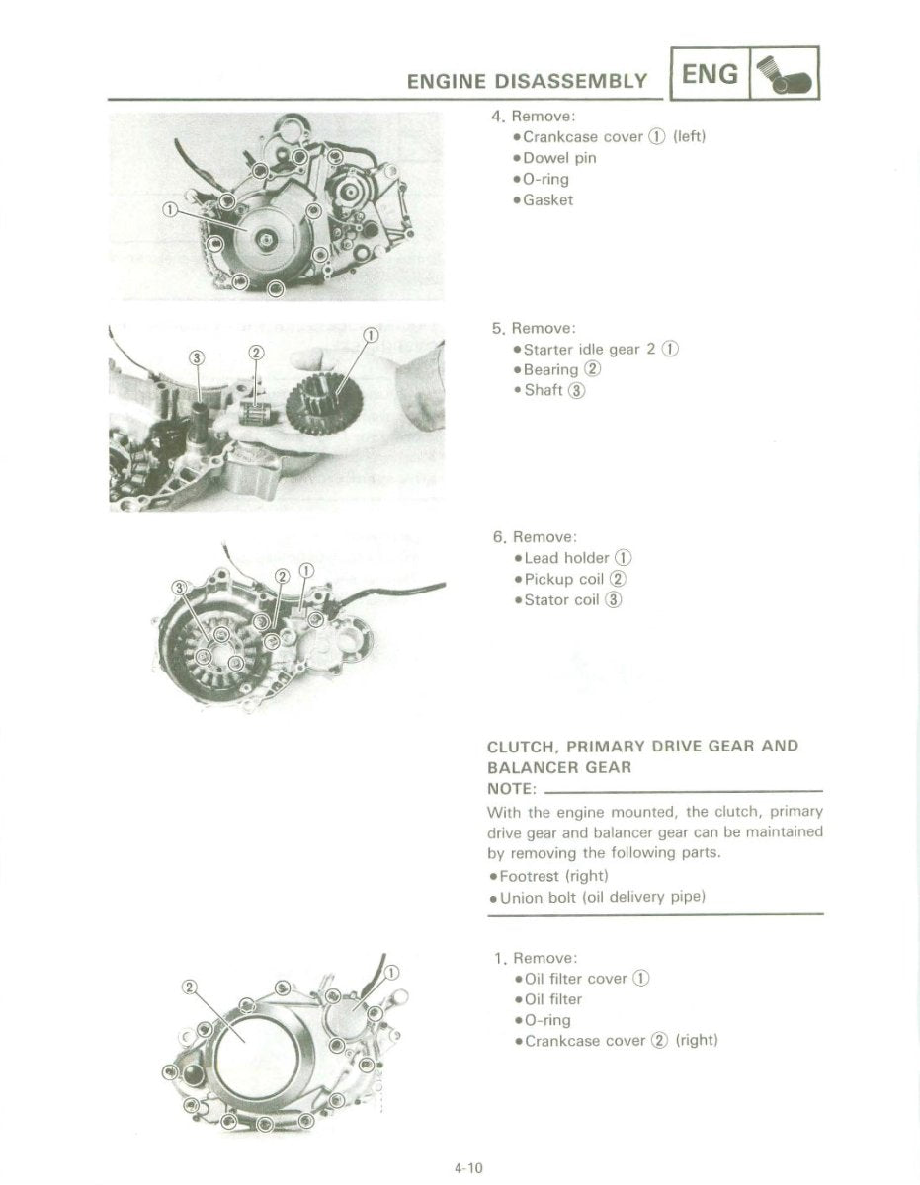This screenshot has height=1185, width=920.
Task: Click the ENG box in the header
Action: click(x=711, y=74)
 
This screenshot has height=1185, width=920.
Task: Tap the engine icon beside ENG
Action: click(x=786, y=74)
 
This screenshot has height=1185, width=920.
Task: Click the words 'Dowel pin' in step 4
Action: click(x=559, y=158)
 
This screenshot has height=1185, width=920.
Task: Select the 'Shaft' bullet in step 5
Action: click(x=544, y=390)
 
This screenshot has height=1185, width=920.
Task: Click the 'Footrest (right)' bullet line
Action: click(x=553, y=876)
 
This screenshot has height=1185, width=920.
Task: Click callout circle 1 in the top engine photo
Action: click(x=169, y=209)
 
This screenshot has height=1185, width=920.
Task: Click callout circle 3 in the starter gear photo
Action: click(x=197, y=356)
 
